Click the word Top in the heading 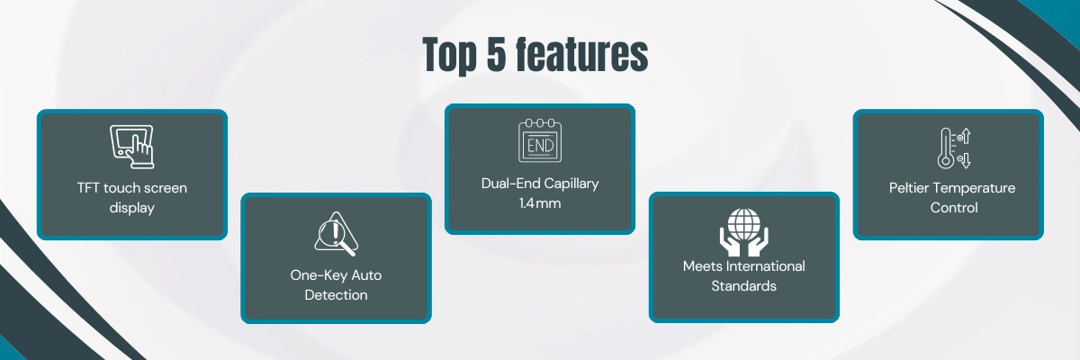click(450, 56)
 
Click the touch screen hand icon click(131, 147)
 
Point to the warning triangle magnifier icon click(336, 234)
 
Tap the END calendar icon click(540, 140)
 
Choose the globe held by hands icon click(744, 232)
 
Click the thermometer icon click(954, 148)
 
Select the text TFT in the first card click(88, 187)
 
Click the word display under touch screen click(131, 208)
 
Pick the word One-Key click(319, 275)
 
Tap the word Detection click(336, 295)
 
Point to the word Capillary click(571, 184)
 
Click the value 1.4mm click(540, 203)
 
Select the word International click(765, 266)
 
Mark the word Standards click(744, 286)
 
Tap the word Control click(954, 208)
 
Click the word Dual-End click(509, 183)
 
